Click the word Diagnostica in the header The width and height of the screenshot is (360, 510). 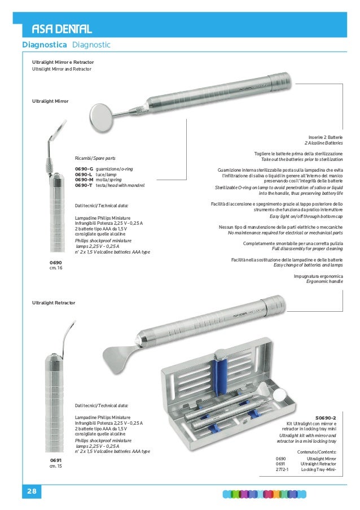tap(45, 45)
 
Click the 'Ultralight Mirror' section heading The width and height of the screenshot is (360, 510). tap(50, 101)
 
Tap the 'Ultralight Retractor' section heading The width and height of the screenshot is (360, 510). tap(54, 303)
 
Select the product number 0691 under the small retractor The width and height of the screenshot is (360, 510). tap(55, 461)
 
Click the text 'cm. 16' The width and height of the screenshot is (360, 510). tap(56, 268)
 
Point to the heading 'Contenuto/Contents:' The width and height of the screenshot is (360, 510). tap(317, 452)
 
